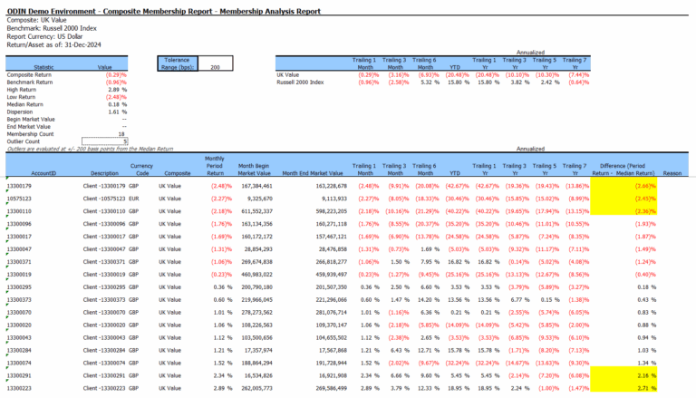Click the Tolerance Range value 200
tap(215, 67)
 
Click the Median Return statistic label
tap(25, 103)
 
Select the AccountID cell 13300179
tap(20, 185)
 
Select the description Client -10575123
tap(101, 198)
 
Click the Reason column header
tap(672, 172)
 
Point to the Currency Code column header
tap(142, 170)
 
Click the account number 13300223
tap(20, 387)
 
